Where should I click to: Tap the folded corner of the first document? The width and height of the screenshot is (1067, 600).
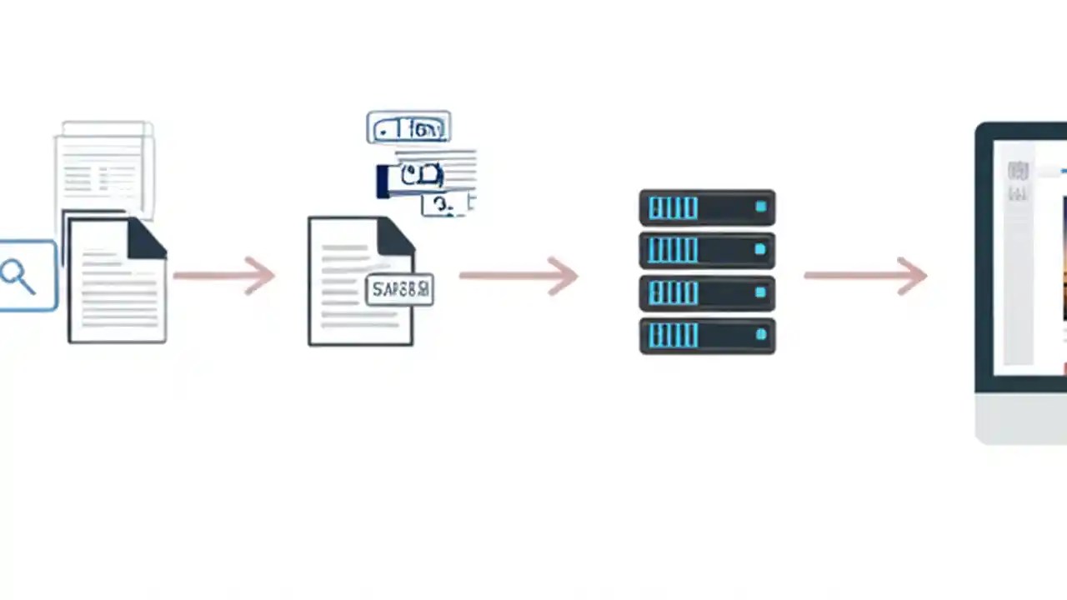click(x=147, y=239)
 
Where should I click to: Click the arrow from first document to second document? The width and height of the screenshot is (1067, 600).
click(x=225, y=275)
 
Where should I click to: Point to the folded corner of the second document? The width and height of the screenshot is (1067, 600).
click(x=395, y=237)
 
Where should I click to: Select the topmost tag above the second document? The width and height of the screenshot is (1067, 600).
click(x=408, y=127)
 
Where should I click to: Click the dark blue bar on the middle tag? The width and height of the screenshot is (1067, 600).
click(x=383, y=182)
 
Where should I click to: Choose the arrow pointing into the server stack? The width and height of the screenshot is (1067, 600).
click(x=518, y=275)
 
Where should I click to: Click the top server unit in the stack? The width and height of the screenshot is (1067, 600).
click(x=707, y=207)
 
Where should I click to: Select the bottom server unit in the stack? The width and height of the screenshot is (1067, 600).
click(x=707, y=335)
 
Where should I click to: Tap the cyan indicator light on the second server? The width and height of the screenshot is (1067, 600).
click(x=760, y=249)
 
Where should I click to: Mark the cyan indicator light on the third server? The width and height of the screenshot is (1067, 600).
click(x=760, y=292)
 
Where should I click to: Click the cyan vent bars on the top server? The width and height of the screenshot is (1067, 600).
click(x=673, y=207)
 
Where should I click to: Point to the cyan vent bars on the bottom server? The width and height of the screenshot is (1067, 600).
click(x=673, y=335)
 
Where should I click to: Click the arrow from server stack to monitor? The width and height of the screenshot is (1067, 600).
click(x=865, y=275)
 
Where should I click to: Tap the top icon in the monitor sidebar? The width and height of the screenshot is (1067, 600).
click(x=1018, y=172)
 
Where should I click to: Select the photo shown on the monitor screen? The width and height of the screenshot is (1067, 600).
click(x=1064, y=258)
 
